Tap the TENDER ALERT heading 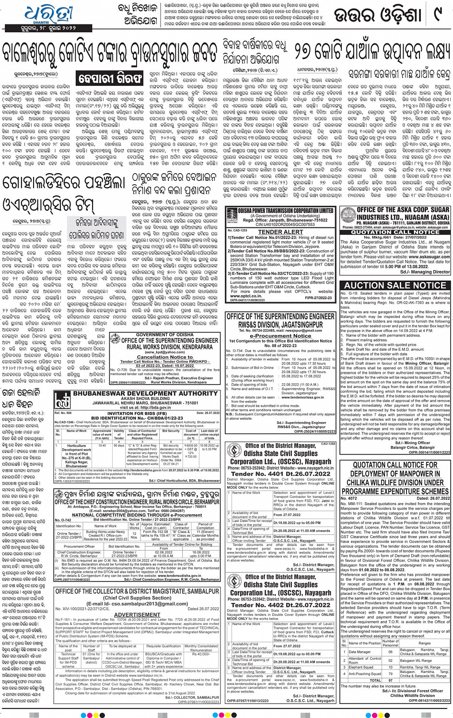[x=280, y=232]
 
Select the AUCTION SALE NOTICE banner [x=395, y=285]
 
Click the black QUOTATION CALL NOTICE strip [x=395, y=232]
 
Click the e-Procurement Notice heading [x=280, y=336]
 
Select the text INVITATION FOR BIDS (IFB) [x=137, y=413]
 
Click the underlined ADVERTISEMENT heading [x=137, y=614]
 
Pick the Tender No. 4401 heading [x=280, y=473]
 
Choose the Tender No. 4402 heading [x=280, y=605]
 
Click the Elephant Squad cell [x=361, y=667]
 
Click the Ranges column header [x=424, y=643]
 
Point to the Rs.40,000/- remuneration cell [x=201, y=654]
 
